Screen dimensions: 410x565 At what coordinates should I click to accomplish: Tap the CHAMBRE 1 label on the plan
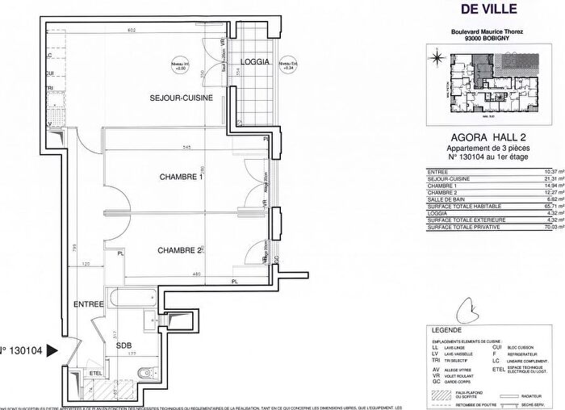click(x=182, y=178)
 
